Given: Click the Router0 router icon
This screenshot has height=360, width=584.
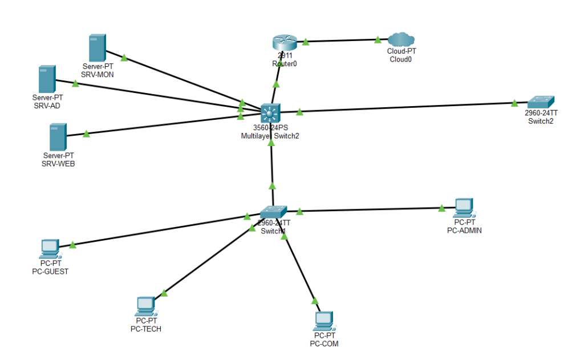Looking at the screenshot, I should pos(284,43).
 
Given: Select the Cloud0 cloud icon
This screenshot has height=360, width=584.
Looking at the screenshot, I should pos(401,39).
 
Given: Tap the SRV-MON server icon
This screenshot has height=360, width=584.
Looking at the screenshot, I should pos(97,48).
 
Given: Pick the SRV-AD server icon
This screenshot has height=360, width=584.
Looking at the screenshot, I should pos(47,79).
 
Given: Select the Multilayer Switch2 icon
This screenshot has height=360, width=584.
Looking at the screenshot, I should pos(269,113).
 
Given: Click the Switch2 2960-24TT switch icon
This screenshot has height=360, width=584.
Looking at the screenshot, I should pos(541,103).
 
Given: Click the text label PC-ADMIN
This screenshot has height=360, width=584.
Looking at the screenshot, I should pos(465,230).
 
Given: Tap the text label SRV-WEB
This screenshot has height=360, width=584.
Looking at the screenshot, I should pos(59,164).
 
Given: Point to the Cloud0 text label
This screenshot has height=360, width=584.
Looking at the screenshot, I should pos(400,59).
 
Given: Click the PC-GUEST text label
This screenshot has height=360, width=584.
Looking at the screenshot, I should pos(50,272).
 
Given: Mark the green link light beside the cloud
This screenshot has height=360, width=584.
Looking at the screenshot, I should pos(378,39).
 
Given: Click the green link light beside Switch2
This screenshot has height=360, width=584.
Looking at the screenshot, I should pos(514,103).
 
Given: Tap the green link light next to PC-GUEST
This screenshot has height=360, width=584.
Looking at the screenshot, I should pos(72,245).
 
